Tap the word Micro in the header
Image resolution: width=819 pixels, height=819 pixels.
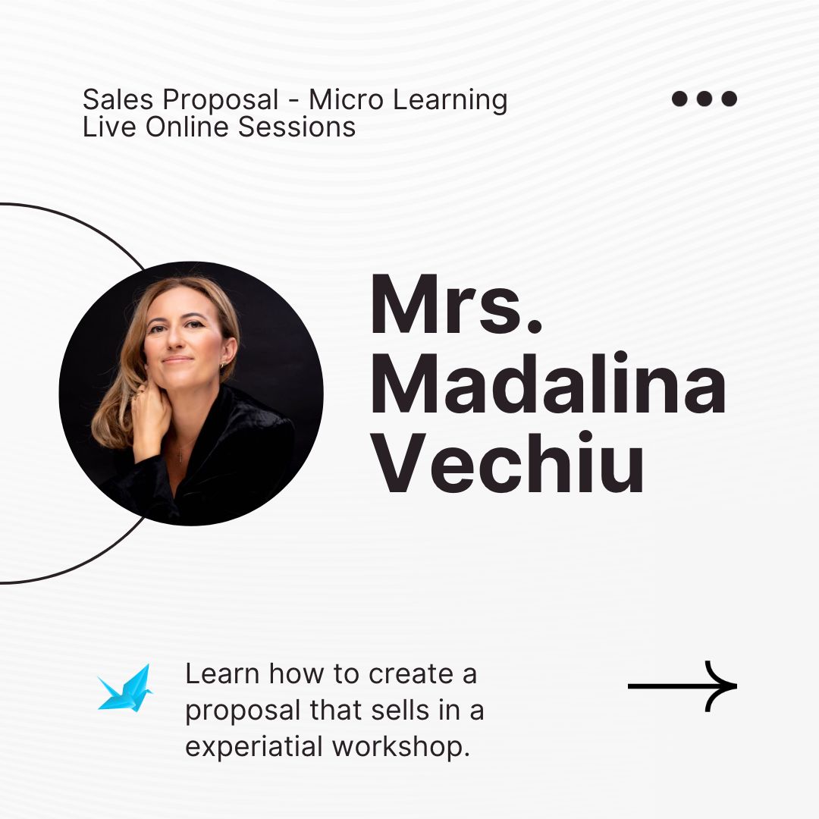pyautogui.click(x=346, y=99)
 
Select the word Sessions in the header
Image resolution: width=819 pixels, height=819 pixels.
pyautogui.click(x=297, y=127)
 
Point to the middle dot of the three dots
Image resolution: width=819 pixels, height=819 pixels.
pyautogui.click(x=704, y=98)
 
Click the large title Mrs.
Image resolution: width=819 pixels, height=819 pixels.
pyautogui.click(x=456, y=304)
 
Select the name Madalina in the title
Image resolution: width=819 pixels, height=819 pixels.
pyautogui.click(x=548, y=383)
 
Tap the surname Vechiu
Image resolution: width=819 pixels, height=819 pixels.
pyautogui.click(x=507, y=463)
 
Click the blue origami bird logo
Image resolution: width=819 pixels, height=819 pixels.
pyautogui.click(x=125, y=688)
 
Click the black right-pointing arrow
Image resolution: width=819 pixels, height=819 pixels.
pyautogui.click(x=682, y=686)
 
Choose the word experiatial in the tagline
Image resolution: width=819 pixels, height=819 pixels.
pyautogui.click(x=254, y=747)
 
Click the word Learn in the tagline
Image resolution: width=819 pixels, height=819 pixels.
pyautogui.click(x=222, y=674)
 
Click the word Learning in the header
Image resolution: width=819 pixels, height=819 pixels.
pyautogui.click(x=450, y=100)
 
